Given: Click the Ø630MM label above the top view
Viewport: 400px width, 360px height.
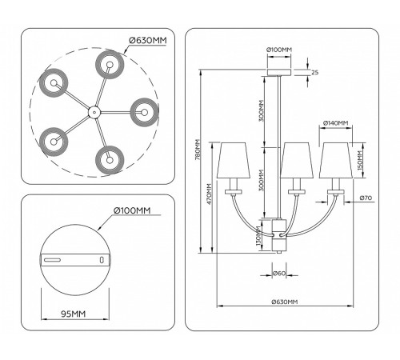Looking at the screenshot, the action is point(148,41).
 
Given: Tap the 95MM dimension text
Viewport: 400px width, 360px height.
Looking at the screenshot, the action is point(74,314).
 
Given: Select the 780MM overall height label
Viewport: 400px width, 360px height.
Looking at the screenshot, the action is point(198,150).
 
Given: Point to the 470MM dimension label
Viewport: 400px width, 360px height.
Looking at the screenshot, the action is point(209,194).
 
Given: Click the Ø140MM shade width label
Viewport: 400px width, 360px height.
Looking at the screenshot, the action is point(335,123).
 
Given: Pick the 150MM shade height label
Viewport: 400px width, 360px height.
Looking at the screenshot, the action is point(359,161).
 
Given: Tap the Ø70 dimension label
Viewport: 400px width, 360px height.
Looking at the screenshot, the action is point(366,198).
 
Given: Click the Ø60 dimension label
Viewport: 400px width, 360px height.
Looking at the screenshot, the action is point(279,273).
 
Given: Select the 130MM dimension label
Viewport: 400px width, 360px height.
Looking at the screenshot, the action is point(258,236).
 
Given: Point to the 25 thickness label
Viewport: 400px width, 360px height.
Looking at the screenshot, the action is point(315,72).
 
